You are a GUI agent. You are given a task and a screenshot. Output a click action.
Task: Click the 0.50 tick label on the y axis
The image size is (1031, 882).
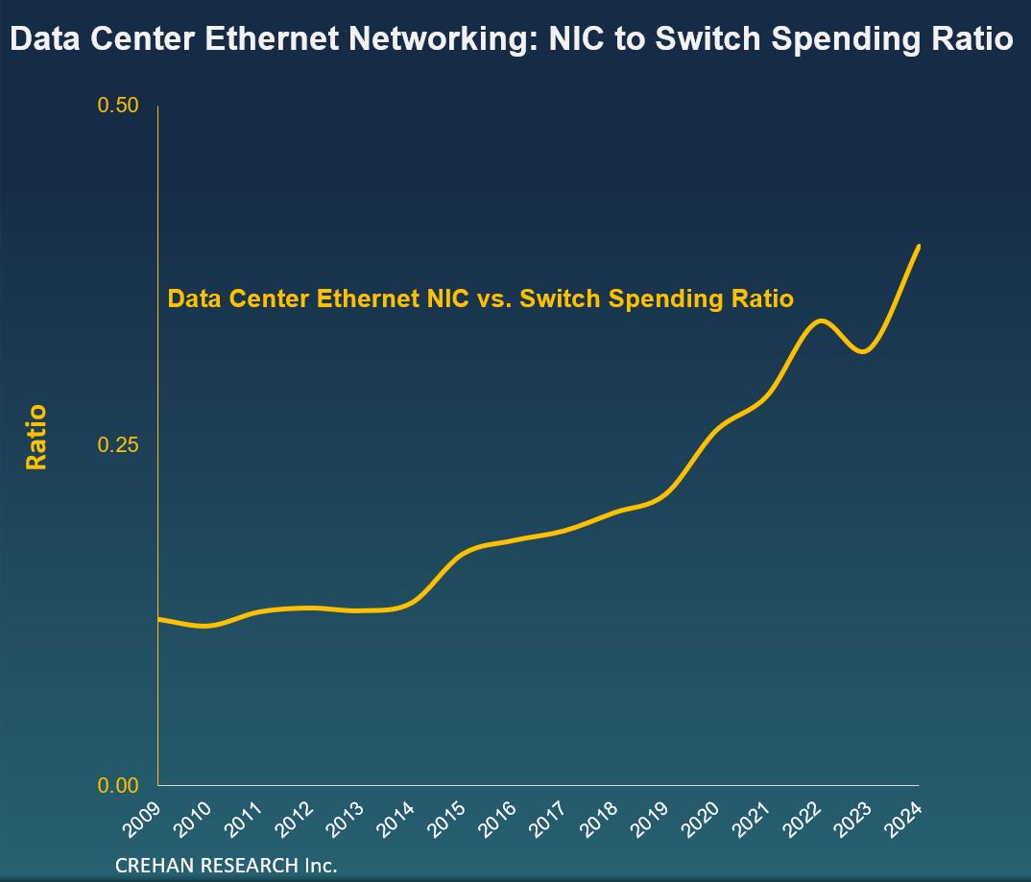pos(118,105)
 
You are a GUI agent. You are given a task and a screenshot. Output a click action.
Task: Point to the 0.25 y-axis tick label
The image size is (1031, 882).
pos(118,445)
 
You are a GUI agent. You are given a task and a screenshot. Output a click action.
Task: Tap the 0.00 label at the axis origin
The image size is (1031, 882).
pos(118,786)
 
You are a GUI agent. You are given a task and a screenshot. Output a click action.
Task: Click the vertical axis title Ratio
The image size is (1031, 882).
pos(36,438)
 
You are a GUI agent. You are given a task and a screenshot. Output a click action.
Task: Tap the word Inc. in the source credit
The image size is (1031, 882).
pos(322,865)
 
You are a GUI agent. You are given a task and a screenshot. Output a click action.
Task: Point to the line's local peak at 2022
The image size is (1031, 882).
pos(819,321)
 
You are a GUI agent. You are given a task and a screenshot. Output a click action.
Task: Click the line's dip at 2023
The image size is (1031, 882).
pos(863,351)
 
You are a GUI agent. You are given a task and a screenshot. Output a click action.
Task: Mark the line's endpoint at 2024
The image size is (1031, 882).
pos(920,246)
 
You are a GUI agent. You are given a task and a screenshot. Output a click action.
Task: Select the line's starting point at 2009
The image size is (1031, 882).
pos(158,619)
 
